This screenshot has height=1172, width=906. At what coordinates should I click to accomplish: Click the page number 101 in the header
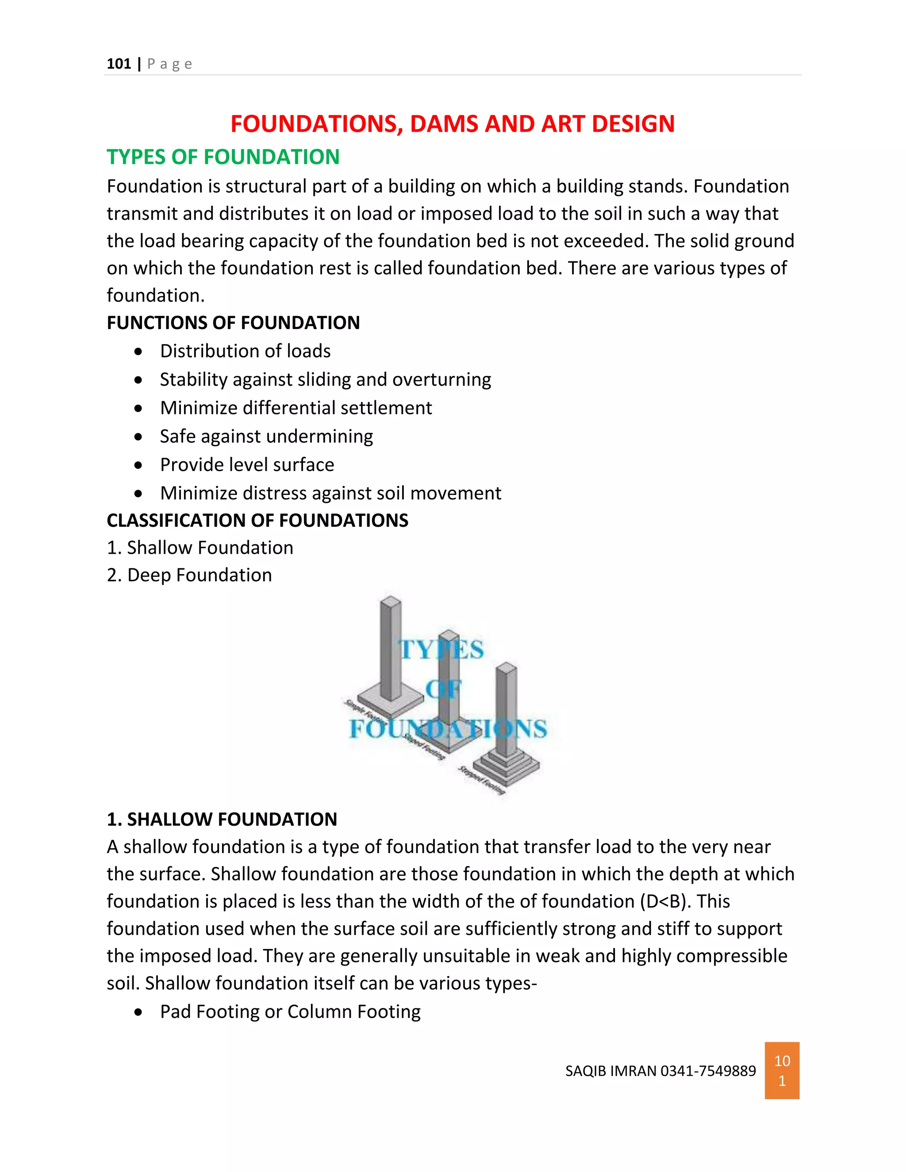pos(119,64)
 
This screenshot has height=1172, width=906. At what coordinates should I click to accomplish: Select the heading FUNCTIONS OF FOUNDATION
pos(233,323)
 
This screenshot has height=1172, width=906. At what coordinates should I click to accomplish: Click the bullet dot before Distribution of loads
pos(139,352)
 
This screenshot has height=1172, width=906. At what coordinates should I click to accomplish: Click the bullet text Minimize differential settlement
pos(296,408)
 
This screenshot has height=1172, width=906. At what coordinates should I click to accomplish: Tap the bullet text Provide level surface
pos(247,465)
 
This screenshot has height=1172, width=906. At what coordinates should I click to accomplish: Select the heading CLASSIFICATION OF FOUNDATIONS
pos(257,521)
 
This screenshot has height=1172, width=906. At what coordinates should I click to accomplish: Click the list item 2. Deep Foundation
pos(189,575)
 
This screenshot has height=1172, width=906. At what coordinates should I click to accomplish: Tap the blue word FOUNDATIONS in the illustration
pos(448,729)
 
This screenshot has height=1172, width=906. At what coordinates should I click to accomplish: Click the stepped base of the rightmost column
pos(506,764)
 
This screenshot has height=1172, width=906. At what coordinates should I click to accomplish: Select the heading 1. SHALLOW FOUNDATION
pos(222,820)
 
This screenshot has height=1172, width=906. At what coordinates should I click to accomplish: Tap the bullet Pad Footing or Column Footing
pos(290,1012)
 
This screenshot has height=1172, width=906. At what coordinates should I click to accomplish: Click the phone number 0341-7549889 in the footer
pos(708,1071)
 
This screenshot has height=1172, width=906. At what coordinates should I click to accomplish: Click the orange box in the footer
pos(782,1071)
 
